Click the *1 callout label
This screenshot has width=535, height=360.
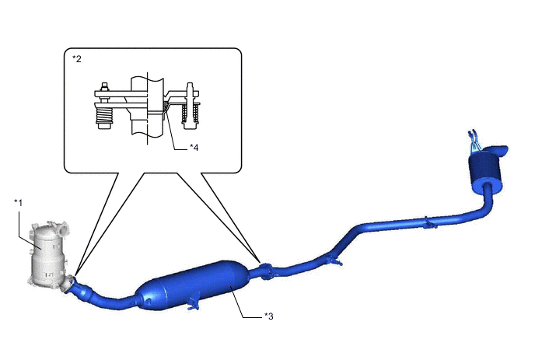pyautogui.click(x=18, y=203)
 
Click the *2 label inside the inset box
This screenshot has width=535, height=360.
pyautogui.click(x=77, y=58)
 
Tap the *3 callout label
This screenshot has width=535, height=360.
pyautogui.click(x=269, y=316)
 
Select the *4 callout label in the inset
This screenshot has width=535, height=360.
pyautogui.click(x=194, y=148)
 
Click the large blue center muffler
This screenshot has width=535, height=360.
pyautogui.click(x=193, y=285)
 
